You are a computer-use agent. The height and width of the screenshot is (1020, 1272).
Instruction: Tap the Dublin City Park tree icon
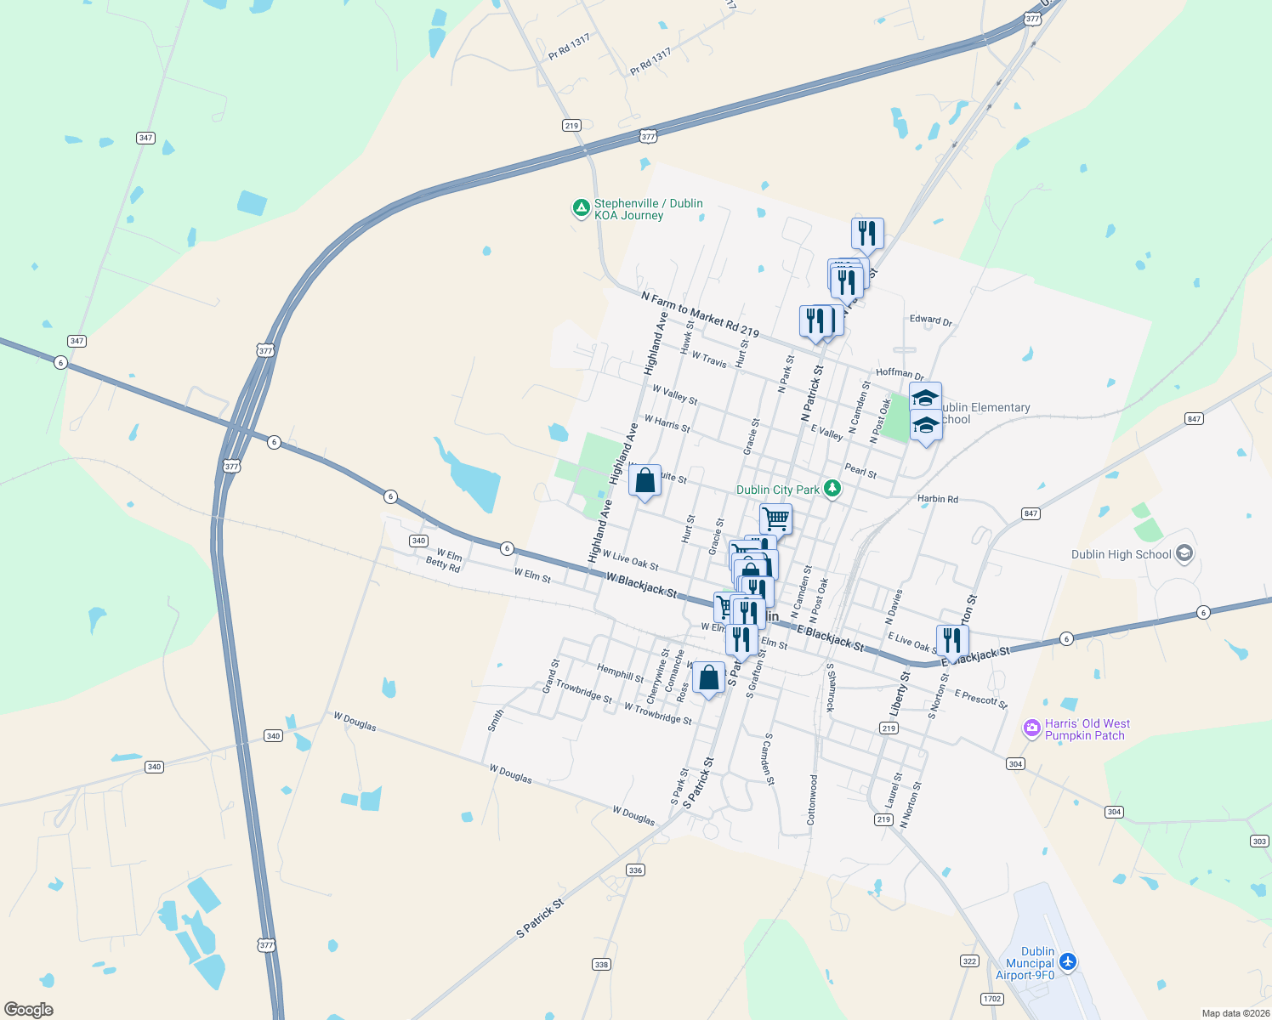tap(833, 489)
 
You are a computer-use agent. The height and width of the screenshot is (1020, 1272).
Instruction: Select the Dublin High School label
tap(1121, 554)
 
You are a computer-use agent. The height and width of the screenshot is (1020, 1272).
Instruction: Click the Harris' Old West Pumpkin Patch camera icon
tap(1032, 728)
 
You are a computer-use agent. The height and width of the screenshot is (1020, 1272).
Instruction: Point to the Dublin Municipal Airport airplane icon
tap(1068, 962)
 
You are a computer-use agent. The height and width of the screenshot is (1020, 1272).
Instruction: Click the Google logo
tap(29, 1010)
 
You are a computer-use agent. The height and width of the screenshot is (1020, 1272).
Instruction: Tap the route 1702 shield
tap(991, 999)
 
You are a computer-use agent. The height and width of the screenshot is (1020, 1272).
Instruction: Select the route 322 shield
tap(969, 960)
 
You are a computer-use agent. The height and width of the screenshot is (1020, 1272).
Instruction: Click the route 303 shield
tap(1259, 841)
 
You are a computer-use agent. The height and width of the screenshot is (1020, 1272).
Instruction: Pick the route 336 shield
tap(635, 870)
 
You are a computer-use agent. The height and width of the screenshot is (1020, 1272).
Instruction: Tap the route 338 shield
tap(601, 964)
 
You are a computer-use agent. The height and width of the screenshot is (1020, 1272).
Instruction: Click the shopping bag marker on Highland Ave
tap(645, 482)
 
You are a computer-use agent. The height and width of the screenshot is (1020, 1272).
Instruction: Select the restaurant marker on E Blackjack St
tap(952, 641)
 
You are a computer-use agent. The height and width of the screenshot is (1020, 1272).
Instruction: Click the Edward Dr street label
tap(931, 320)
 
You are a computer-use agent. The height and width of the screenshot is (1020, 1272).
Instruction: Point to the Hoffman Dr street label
tap(900, 373)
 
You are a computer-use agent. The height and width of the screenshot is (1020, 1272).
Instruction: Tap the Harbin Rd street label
tap(937, 499)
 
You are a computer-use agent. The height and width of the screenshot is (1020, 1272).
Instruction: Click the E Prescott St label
tap(980, 699)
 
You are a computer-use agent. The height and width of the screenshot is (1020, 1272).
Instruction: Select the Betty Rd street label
tap(442, 564)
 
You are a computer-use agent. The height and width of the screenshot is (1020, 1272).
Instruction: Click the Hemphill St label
tap(620, 673)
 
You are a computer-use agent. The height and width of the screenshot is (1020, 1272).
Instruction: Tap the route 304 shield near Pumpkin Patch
tap(1015, 764)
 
